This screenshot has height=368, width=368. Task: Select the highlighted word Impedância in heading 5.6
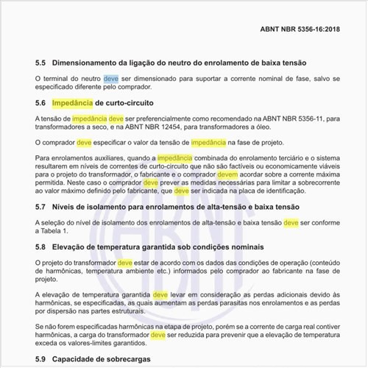[x=73, y=102]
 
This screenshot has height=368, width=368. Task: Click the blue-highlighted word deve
[x=110, y=78]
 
